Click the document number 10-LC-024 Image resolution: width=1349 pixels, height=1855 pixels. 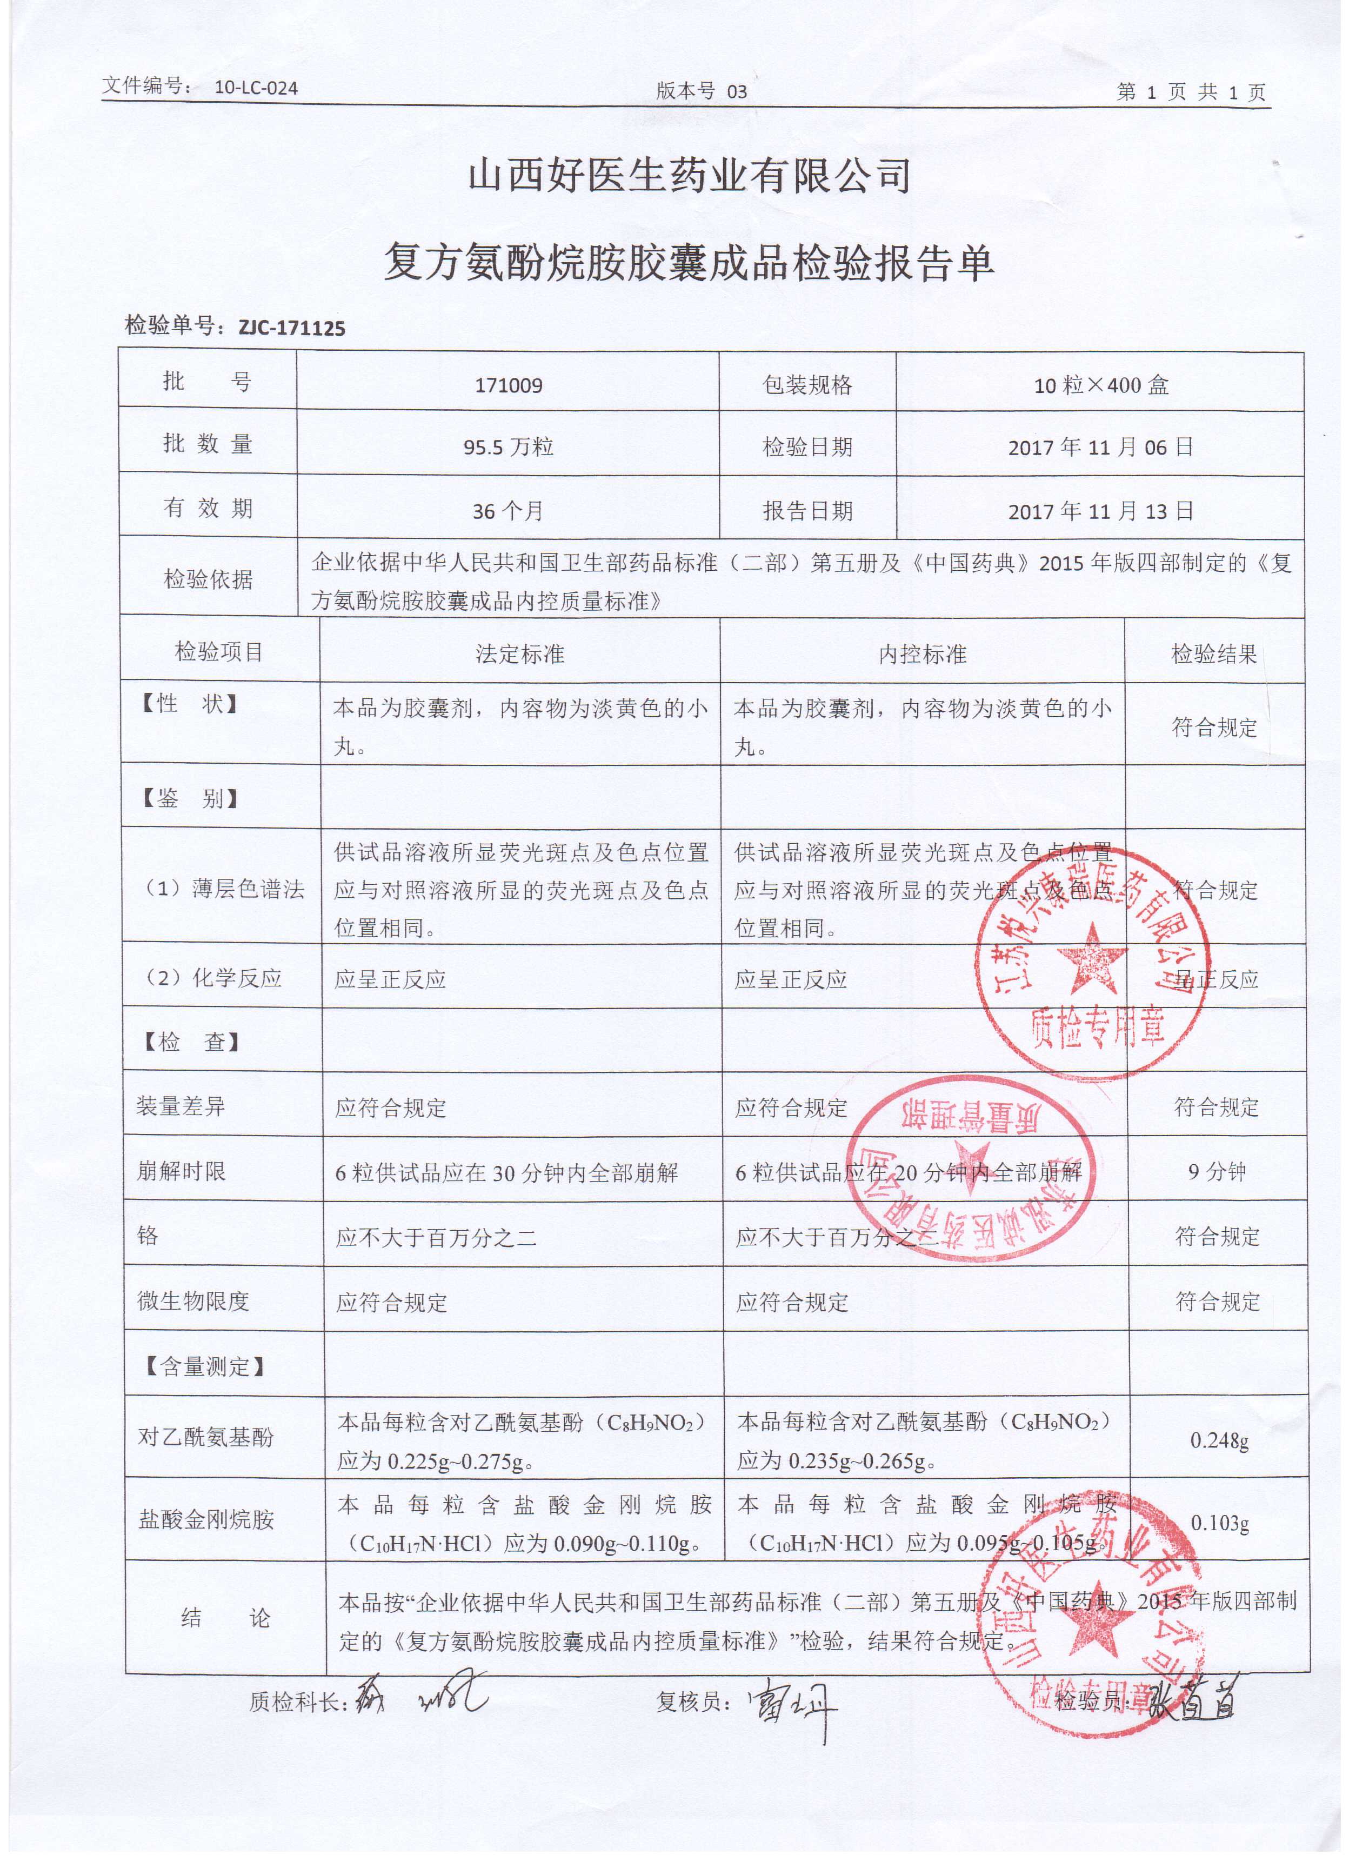pyautogui.click(x=256, y=88)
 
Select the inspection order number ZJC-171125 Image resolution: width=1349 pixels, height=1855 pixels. pyautogui.click(x=291, y=329)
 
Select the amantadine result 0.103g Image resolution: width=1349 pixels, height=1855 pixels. pyautogui.click(x=1219, y=1523)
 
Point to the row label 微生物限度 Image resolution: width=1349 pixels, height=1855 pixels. pyautogui.click(x=193, y=1300)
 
